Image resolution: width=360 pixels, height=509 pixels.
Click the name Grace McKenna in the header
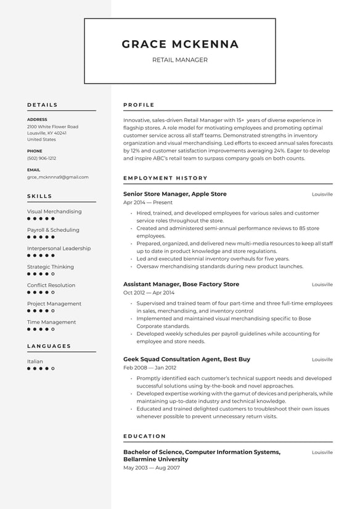tap(180, 44)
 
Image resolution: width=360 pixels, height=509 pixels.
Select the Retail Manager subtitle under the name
tap(180, 60)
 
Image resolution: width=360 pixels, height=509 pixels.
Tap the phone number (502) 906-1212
tap(41, 158)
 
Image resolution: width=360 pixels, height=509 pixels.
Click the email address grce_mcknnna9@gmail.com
tap(57, 177)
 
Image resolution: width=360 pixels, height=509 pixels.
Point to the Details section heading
tap(42, 105)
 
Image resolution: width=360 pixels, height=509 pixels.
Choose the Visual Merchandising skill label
tap(54, 212)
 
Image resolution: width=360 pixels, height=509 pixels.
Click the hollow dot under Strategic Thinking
tap(53, 274)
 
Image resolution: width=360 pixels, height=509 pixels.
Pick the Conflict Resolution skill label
tap(51, 286)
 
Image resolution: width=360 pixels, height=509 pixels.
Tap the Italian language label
tap(35, 362)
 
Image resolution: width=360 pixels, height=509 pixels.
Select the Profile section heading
tap(139, 105)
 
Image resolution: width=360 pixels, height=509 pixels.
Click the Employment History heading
tap(165, 178)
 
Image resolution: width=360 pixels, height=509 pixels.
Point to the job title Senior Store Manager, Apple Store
tap(174, 194)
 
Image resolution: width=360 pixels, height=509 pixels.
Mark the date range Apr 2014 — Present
tap(147, 202)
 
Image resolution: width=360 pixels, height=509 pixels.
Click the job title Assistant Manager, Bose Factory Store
tap(181, 284)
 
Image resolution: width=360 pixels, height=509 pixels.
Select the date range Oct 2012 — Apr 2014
tap(149, 292)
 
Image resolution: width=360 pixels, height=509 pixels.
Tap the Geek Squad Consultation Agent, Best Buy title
tap(186, 359)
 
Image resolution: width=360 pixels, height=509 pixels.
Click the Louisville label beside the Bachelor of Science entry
tap(322, 452)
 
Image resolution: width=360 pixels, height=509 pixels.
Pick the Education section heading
tap(144, 436)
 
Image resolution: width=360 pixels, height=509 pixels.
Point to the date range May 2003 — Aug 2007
tap(151, 468)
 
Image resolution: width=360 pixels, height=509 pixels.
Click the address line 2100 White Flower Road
tap(52, 126)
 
